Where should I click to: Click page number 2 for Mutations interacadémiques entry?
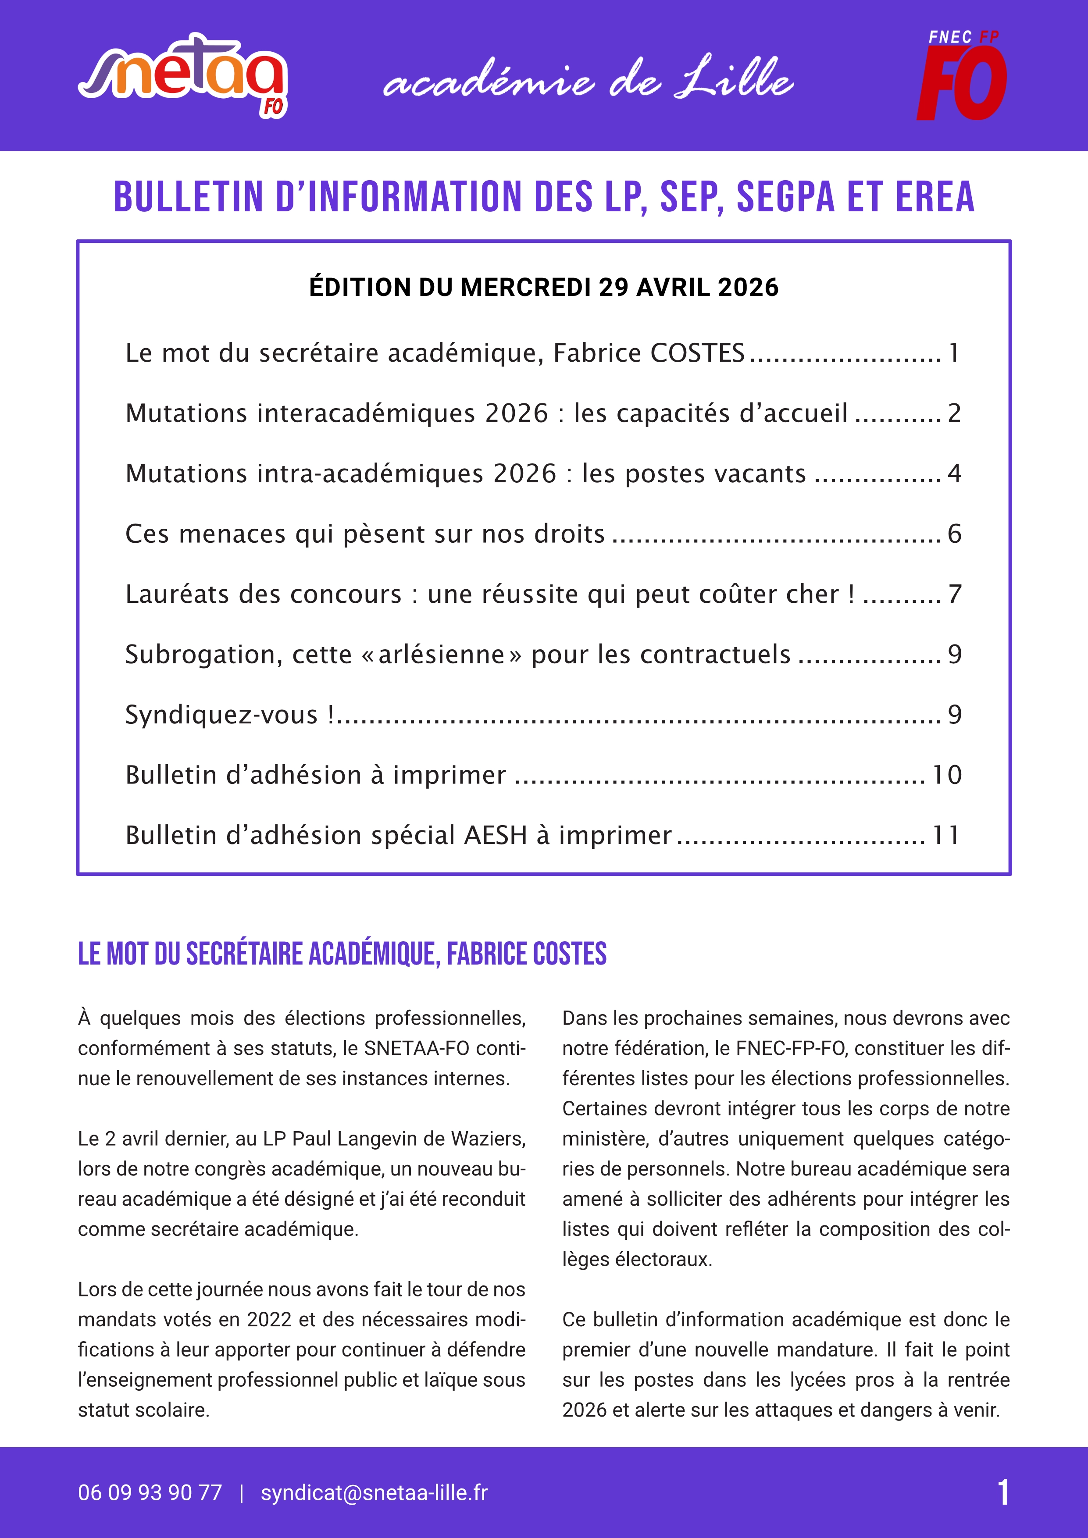[x=954, y=413]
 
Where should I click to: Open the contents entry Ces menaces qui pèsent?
[x=365, y=534]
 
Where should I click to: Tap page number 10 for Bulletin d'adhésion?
[x=947, y=775]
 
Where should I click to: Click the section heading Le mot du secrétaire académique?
[x=342, y=954]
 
